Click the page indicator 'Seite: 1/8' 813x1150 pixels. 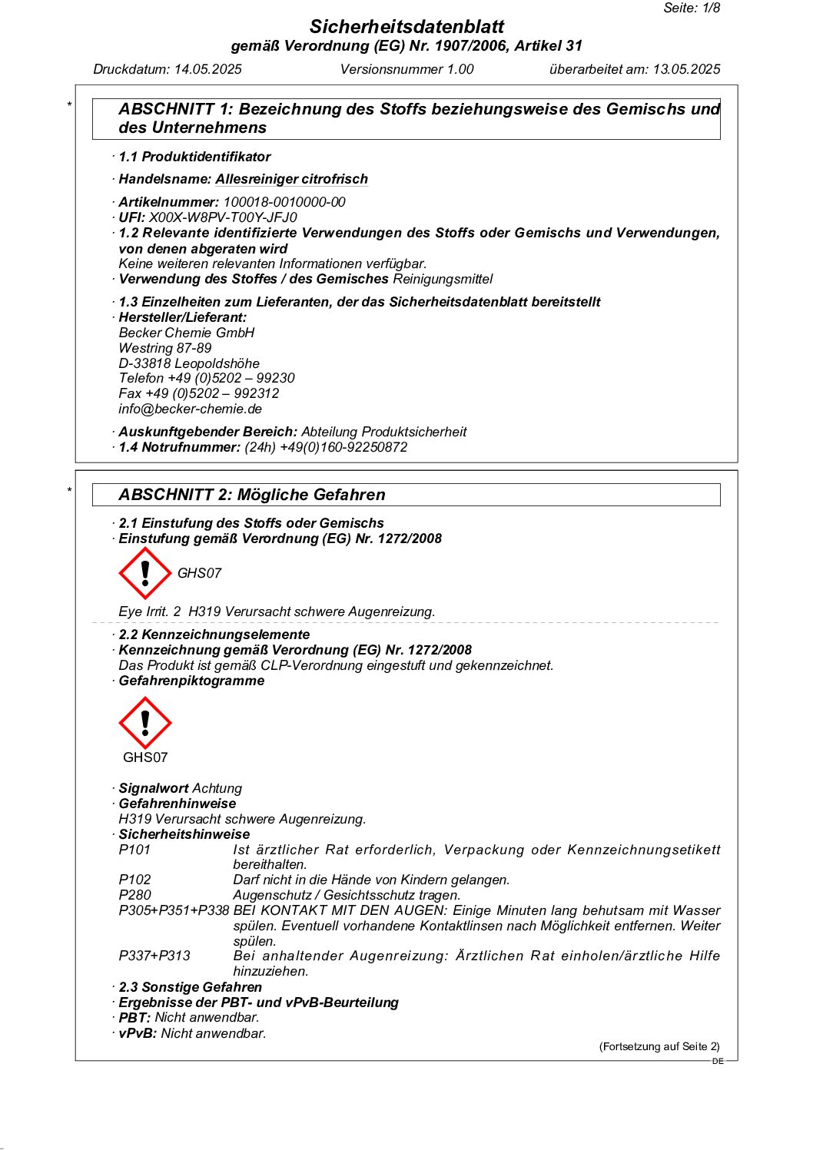692,8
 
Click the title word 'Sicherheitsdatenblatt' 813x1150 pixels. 406,27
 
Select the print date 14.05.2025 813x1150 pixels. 207,69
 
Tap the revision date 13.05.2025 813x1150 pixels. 686,69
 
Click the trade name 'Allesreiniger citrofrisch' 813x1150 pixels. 291,179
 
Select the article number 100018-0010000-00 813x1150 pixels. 284,202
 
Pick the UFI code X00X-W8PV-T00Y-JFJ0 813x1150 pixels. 223,217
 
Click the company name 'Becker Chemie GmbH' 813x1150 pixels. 186,333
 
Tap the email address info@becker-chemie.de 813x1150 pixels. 190,409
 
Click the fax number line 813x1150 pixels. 198,393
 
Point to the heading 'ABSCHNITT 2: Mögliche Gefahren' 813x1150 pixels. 251,495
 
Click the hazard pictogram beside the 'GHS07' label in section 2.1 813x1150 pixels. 144,573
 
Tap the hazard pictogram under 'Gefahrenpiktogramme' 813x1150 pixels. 144,723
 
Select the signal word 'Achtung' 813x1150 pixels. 217,788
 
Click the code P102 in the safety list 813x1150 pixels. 134,880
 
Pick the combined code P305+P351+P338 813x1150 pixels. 174,910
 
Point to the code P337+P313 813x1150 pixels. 154,956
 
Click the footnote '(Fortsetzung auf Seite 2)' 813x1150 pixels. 659,1046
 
